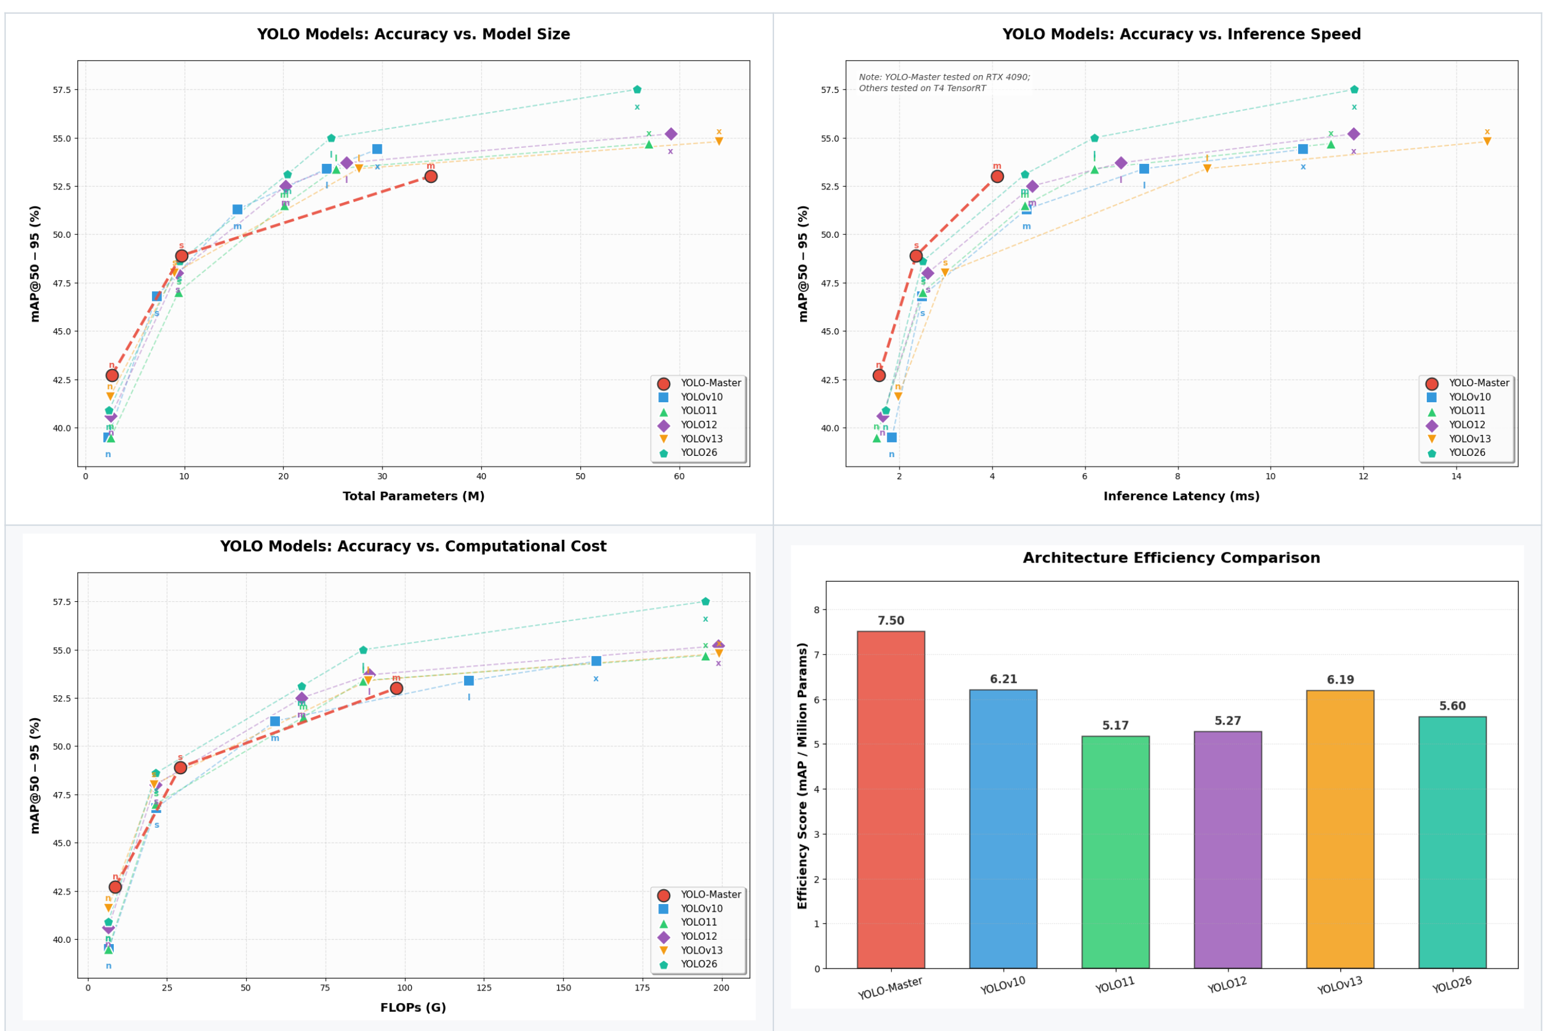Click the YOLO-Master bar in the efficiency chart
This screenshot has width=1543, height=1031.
(891, 799)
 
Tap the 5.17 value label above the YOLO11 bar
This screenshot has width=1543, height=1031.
(1115, 725)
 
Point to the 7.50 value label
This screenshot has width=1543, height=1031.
(891, 621)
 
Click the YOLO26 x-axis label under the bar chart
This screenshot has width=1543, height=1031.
(1452, 985)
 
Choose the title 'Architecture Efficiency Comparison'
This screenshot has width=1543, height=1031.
(1171, 558)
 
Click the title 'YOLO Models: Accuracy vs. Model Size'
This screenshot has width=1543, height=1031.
(413, 34)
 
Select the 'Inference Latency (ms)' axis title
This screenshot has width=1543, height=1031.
(1181, 496)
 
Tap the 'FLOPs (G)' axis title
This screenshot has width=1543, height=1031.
(413, 1007)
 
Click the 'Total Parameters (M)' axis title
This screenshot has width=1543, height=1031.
(413, 496)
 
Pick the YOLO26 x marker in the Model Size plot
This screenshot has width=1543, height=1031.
(637, 89)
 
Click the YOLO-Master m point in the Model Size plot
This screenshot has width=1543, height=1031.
(431, 176)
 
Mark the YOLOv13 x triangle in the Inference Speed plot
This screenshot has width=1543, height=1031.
(1487, 141)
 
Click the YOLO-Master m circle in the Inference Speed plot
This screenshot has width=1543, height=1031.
(997, 176)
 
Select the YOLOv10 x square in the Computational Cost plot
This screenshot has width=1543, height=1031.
(596, 661)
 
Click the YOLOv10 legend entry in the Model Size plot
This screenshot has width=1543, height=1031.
(701, 397)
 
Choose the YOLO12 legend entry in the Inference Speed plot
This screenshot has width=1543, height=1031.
(1467, 425)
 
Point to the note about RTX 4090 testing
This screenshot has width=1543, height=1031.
(944, 82)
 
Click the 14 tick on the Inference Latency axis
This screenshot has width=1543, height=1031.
(1456, 476)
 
